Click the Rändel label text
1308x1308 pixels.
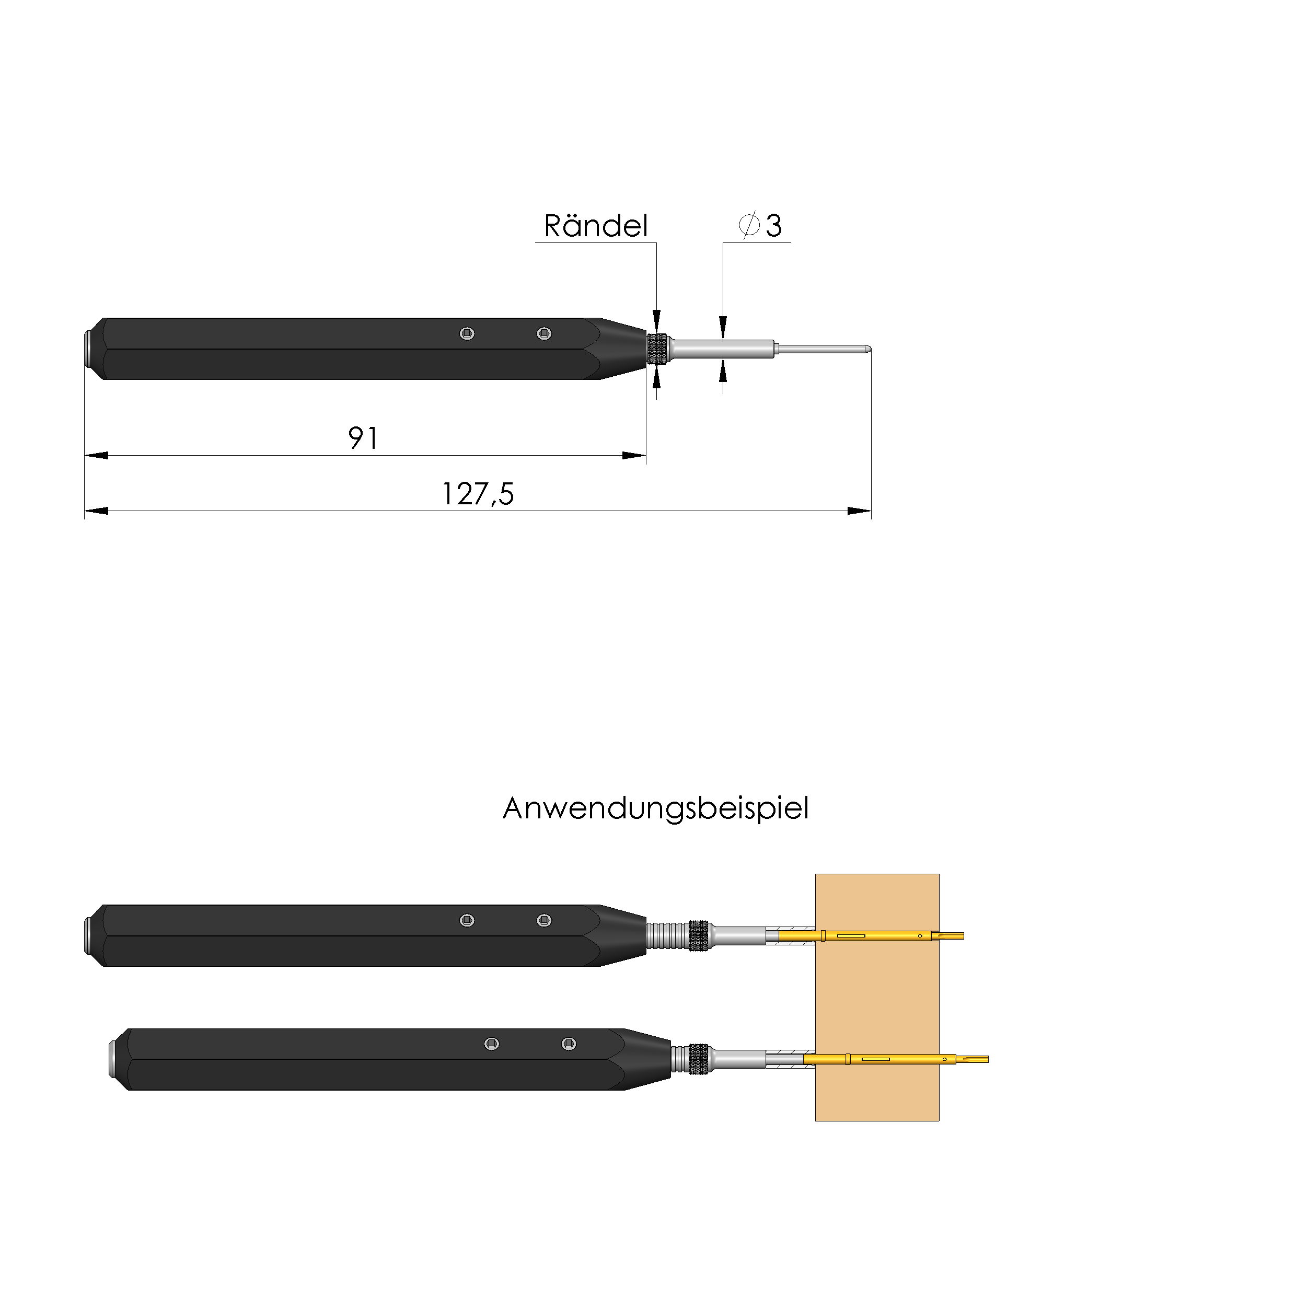pos(595,226)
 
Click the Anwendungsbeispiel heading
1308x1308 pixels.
pos(655,808)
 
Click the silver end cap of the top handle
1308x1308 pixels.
pos(89,349)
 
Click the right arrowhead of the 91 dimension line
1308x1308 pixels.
pos(634,456)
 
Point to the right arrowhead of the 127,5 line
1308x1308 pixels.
pos(859,511)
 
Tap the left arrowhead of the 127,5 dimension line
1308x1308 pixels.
pos(96,511)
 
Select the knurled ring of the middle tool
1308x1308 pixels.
pos(698,935)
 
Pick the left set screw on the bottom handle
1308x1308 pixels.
pos(492,1044)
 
